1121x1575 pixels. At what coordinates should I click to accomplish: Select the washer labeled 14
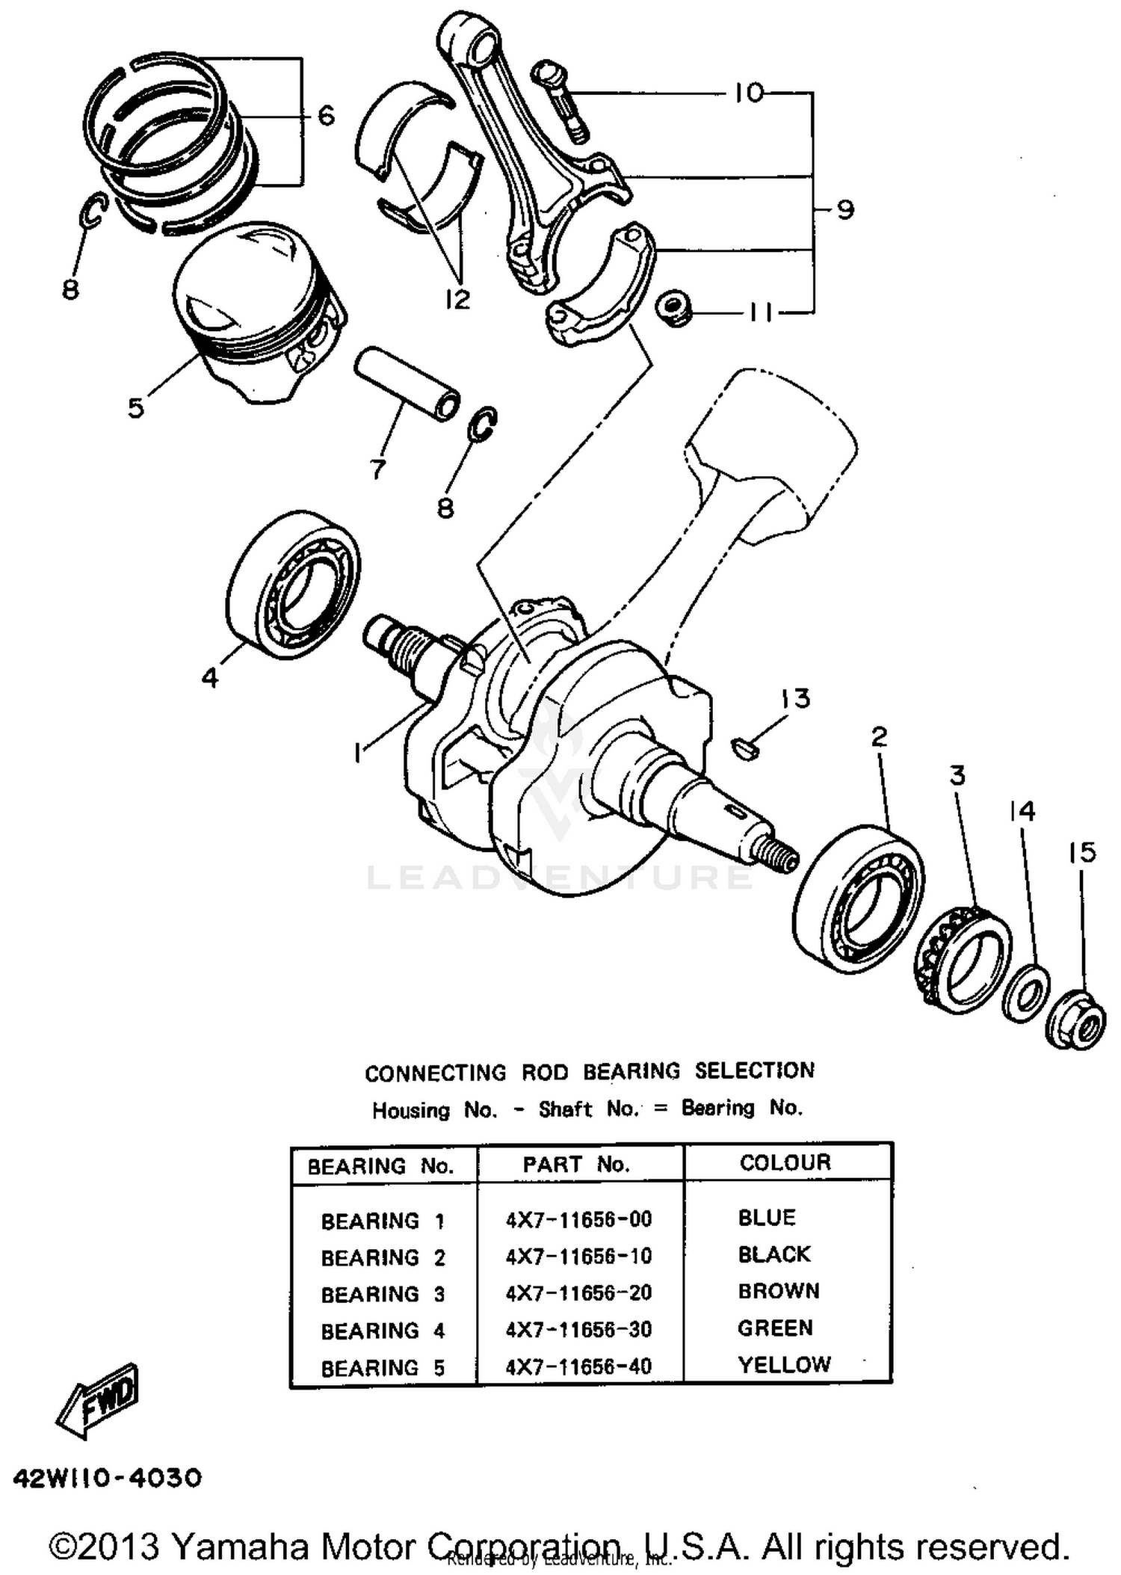[1025, 992]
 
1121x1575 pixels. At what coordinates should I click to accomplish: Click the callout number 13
[795, 699]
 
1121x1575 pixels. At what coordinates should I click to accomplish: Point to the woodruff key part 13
[744, 748]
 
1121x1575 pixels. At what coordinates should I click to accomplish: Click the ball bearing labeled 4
[293, 585]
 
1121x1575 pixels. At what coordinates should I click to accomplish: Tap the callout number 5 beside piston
[135, 408]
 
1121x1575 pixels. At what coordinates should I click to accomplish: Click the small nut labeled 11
[673, 308]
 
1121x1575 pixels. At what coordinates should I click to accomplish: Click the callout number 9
[844, 209]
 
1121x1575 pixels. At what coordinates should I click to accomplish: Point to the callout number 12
[457, 299]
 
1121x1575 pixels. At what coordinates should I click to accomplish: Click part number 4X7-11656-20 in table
[578, 1292]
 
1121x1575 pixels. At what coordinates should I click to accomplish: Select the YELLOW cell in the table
[784, 1365]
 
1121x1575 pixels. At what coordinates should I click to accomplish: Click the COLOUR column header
[785, 1162]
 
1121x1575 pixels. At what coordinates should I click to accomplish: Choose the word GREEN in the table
[775, 1328]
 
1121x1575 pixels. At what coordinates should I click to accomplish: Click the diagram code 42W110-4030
[107, 1478]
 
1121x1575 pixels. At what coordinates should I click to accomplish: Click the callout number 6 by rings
[326, 116]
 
